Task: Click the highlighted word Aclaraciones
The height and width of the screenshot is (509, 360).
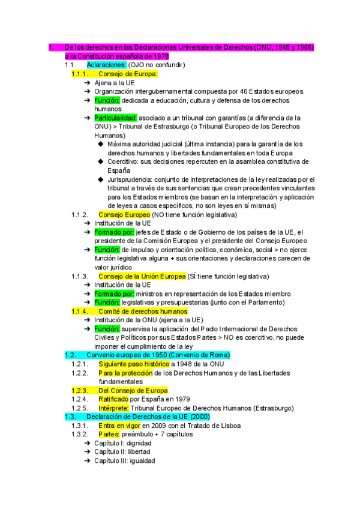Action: (106, 65)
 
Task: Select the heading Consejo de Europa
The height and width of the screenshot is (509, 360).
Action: (127, 74)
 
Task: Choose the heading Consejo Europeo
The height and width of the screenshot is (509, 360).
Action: (124, 214)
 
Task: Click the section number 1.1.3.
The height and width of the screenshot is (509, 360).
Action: (80, 276)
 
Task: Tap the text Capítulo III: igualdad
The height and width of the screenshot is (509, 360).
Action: (124, 461)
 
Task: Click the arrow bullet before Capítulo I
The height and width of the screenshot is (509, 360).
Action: (88, 444)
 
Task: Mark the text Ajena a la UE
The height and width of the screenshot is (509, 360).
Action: (114, 83)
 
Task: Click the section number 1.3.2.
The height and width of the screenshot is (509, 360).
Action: (80, 435)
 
